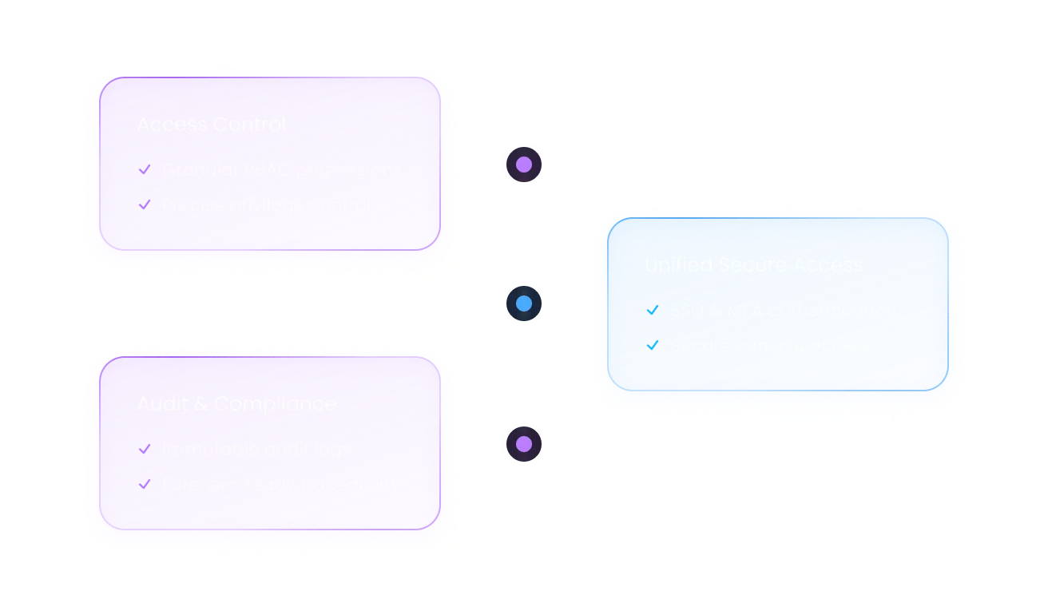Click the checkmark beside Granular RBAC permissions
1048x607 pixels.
tap(145, 169)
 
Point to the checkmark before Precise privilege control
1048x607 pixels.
tap(145, 204)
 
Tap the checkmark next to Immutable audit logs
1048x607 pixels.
tap(145, 449)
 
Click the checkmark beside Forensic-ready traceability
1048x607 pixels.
tap(145, 484)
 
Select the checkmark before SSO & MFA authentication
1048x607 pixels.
tap(653, 310)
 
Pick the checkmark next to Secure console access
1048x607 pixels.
tap(653, 345)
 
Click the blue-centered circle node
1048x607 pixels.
tap(524, 303)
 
